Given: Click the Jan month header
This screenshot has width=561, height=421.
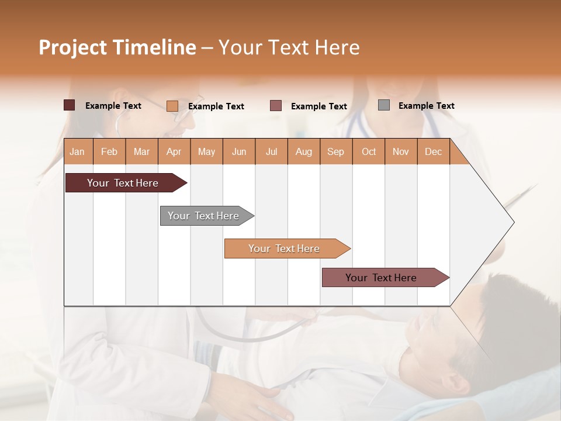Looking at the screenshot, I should [x=77, y=152].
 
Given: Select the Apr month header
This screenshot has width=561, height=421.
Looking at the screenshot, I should [x=174, y=152].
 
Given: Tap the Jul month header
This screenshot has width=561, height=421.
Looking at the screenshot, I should [x=271, y=152].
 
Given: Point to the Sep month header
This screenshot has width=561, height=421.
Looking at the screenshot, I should [x=335, y=152].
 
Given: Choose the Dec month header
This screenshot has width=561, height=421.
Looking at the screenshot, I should [x=433, y=152].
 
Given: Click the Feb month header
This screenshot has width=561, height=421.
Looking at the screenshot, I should [x=109, y=152].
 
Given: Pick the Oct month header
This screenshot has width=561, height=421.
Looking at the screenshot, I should [x=369, y=152].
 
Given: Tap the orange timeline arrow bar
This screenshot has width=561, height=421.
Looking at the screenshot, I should [x=285, y=249].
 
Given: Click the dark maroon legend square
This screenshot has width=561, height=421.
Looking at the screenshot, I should [x=69, y=105].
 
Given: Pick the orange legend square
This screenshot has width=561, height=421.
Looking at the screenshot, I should [x=172, y=106].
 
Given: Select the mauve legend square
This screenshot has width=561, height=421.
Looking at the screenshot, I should [x=276, y=106].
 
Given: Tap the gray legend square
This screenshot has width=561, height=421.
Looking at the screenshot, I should [x=384, y=105].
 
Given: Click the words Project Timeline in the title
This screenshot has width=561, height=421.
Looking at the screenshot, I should [x=117, y=47].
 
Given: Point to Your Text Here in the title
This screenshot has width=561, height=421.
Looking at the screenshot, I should [x=289, y=47].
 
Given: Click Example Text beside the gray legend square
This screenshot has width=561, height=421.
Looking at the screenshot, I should [x=426, y=106].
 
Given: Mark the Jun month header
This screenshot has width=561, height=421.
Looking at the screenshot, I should [x=239, y=152].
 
